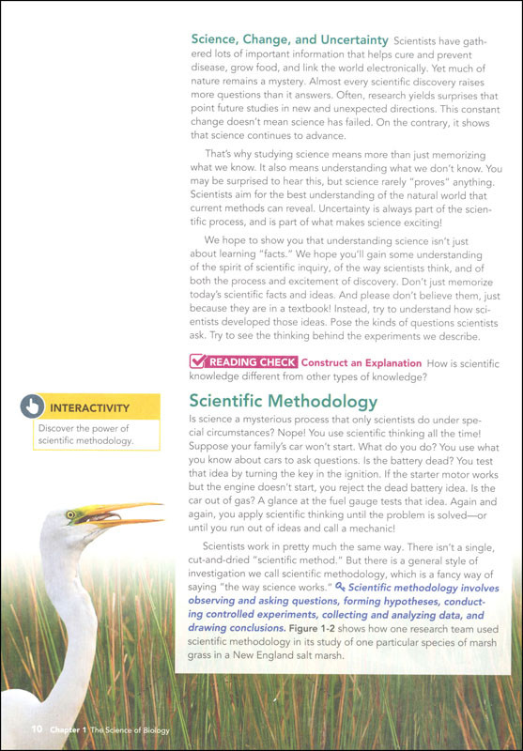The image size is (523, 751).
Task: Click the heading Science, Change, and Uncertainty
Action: coord(289,40)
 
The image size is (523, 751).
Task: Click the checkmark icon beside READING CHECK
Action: coord(199,361)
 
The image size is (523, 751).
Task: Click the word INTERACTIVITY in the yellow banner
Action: coord(89,408)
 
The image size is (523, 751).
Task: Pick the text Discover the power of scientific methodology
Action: coord(85,435)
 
